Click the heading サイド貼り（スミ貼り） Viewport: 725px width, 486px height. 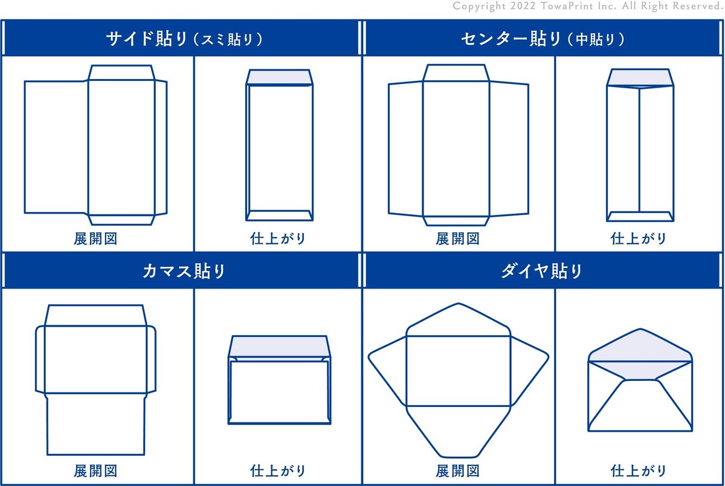(x=184, y=39)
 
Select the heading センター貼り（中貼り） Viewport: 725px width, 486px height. (x=543, y=39)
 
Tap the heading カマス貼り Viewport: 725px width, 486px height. (x=184, y=271)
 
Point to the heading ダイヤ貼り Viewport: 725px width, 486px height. (x=542, y=271)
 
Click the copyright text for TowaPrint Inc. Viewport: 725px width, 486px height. (x=588, y=6)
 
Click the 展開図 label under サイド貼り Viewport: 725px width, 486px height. (x=95, y=239)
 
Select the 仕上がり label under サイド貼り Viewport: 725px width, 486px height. (x=278, y=239)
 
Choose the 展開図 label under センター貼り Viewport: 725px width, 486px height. (x=457, y=239)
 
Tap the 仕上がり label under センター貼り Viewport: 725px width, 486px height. (x=638, y=239)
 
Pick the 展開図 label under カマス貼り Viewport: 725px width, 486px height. (x=95, y=471)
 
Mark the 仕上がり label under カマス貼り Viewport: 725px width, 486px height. (x=278, y=471)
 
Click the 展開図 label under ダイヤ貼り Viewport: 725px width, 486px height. (x=457, y=471)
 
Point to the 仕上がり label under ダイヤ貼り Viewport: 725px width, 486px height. (x=638, y=471)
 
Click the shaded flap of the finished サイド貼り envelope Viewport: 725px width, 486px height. (x=279, y=78)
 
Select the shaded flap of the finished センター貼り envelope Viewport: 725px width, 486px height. (x=640, y=78)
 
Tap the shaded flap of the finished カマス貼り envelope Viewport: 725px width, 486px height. (x=279, y=347)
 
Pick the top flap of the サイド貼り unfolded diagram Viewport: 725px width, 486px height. (x=121, y=73)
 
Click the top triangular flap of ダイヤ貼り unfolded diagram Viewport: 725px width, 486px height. (x=458, y=320)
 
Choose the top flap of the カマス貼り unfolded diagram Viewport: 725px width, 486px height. (x=95, y=316)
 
